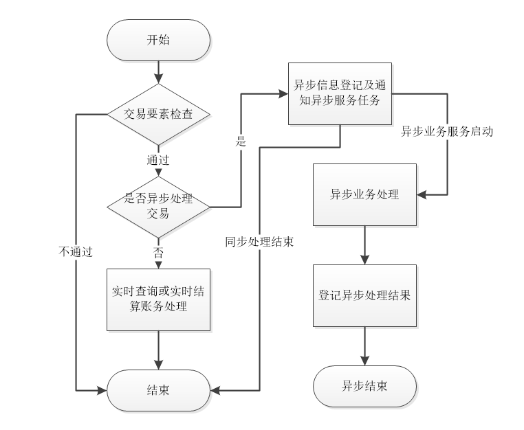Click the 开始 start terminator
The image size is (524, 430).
pos(158,40)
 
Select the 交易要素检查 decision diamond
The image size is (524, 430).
pos(158,114)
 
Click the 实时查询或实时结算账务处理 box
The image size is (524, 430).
pos(158,299)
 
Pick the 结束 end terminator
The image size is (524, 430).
pos(158,390)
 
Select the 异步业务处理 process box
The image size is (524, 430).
pos(364,194)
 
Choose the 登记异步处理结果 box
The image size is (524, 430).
pos(364,295)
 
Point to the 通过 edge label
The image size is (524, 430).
pos(158,159)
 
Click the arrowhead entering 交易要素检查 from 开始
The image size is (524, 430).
pos(158,79)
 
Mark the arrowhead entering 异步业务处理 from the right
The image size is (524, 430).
pos(422,194)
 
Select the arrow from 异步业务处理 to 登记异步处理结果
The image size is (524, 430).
pos(364,245)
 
